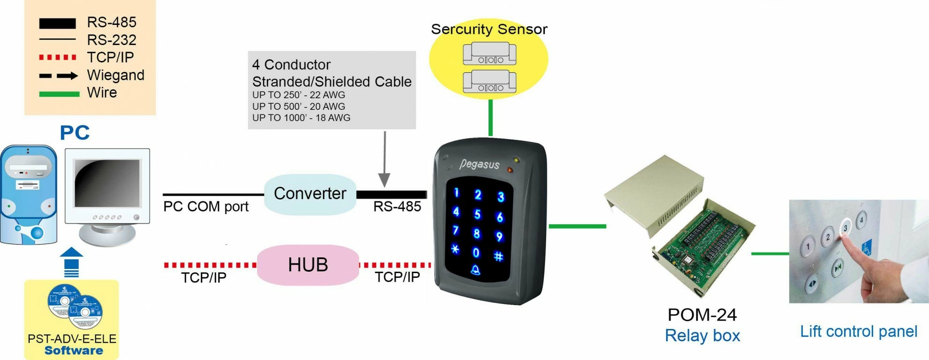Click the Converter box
[x=310, y=194]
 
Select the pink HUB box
[x=308, y=265]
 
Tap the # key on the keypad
[x=498, y=256]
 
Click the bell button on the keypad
[x=475, y=270]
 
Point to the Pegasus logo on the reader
[x=479, y=164]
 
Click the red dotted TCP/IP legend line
[x=57, y=57]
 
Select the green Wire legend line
[x=59, y=94]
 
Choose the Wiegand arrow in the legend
[x=59, y=76]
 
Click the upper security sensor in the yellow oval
[x=489, y=54]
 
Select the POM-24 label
[x=702, y=314]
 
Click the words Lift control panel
[x=858, y=331]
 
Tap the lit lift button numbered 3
[x=845, y=228]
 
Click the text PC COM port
[x=206, y=207]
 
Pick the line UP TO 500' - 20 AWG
[x=298, y=107]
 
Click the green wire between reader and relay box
[x=577, y=226]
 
